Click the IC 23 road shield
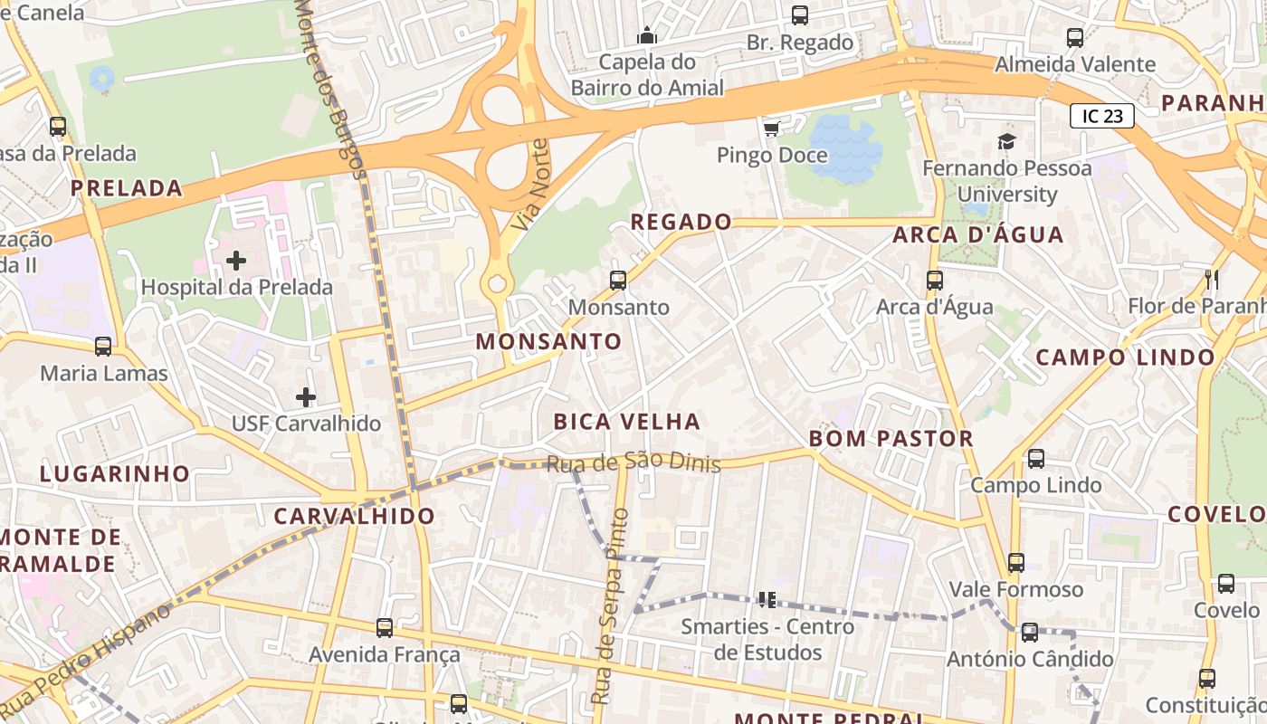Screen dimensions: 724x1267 1101,116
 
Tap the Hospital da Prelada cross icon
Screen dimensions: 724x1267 236,262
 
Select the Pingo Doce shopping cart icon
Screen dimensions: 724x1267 771,129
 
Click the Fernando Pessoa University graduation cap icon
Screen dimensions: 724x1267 1006,141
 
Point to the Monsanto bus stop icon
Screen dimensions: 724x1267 618,281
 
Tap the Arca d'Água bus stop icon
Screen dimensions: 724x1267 935,281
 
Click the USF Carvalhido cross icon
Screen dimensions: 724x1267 306,397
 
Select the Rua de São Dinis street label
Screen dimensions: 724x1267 633,463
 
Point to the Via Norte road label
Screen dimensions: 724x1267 528,184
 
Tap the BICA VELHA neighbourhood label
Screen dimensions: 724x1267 626,422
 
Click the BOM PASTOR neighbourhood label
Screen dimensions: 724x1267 891,439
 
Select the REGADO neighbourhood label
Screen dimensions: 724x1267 681,222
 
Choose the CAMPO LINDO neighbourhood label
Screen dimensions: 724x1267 1125,357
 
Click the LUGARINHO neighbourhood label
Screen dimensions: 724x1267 115,474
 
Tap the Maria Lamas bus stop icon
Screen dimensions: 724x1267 103,347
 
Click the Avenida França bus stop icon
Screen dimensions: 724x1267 385,628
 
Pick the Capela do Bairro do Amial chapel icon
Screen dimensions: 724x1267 647,36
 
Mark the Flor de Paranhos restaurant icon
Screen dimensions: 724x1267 1212,280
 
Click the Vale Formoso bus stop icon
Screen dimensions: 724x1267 1016,563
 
